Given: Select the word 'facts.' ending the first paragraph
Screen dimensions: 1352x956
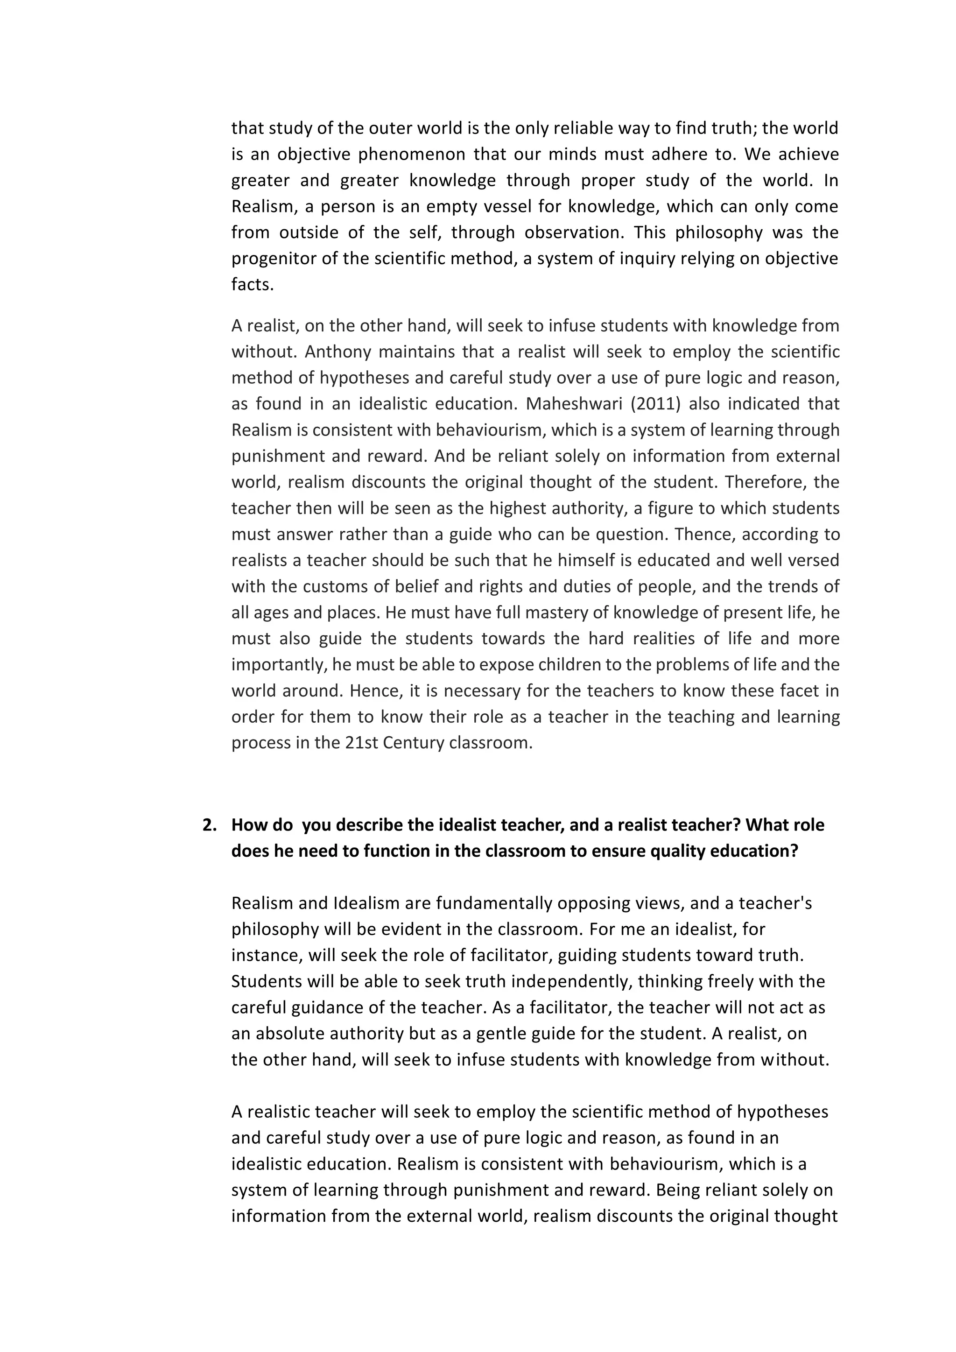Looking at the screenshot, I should pyautogui.click(x=253, y=284).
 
